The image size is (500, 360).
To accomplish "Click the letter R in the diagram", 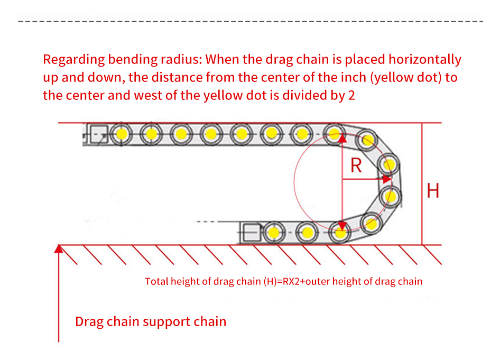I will tap(356, 165).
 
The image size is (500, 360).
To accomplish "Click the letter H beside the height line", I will tap(433, 190).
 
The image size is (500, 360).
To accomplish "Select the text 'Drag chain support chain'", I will tap(151, 321).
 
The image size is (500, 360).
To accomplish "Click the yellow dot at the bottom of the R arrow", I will tap(341, 231).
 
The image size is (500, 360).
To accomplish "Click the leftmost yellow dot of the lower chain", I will tap(273, 232).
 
